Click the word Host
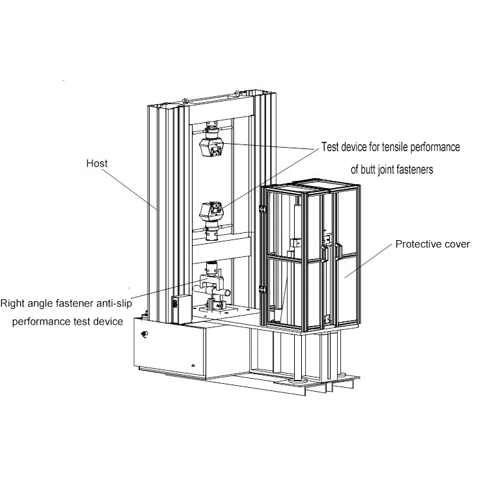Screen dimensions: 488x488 pos(96,163)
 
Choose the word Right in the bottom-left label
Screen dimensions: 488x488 pos(12,303)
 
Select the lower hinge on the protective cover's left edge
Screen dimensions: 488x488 pos(262,288)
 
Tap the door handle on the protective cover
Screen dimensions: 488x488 pos(338,251)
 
